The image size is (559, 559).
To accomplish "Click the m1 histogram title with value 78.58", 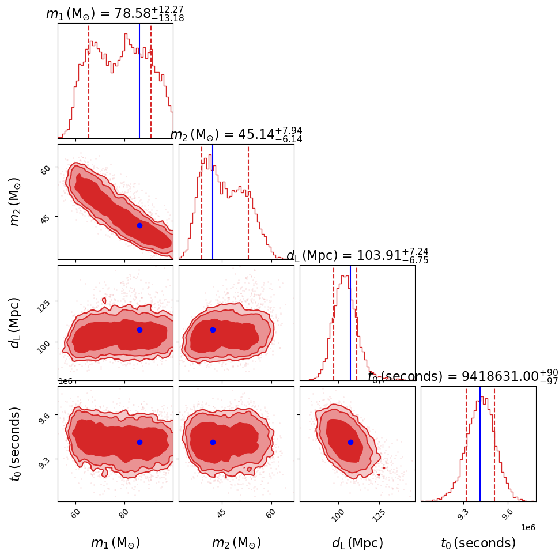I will click(x=115, y=14).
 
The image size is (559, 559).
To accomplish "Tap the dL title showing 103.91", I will click(x=357, y=255).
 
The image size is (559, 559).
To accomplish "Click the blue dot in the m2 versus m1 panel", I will click(x=139, y=225).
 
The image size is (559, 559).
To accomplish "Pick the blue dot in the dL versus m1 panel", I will click(x=139, y=330).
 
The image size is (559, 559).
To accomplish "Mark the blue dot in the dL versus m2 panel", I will click(x=213, y=330).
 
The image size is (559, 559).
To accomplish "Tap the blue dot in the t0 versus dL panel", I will click(x=350, y=442).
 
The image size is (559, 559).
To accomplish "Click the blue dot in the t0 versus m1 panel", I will click(x=139, y=442).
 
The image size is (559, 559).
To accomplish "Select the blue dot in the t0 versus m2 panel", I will click(x=213, y=442).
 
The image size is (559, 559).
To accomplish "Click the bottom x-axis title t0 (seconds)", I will click(x=478, y=543).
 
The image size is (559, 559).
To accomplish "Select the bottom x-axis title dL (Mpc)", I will click(x=357, y=543).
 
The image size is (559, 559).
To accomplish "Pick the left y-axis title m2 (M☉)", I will click(x=16, y=201).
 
